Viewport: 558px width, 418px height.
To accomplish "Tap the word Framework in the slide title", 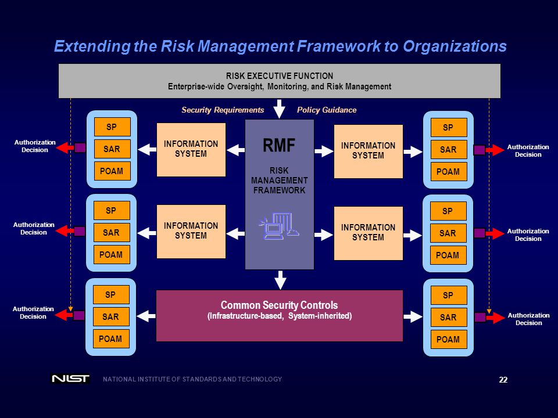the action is coord(339,46).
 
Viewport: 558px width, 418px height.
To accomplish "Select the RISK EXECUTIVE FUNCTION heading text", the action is coord(280,75).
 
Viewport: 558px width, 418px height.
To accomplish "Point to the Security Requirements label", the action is coord(223,110).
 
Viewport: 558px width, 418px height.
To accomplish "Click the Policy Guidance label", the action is coord(327,110).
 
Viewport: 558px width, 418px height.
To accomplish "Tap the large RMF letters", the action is coord(279,145).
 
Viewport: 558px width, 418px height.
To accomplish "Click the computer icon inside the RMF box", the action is coord(279,226).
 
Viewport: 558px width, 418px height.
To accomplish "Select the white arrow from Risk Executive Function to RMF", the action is coord(280,109).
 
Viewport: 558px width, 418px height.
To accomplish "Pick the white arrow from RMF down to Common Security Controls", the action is coord(280,280).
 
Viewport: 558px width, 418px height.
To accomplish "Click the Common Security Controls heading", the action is coord(280,305).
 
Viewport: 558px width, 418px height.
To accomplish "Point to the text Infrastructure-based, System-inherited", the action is coord(280,316).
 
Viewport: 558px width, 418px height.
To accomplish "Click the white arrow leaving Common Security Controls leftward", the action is coord(146,316).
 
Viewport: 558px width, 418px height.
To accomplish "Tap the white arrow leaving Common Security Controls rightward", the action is coord(413,316).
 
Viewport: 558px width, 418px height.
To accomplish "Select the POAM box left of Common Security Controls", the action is coord(110,338).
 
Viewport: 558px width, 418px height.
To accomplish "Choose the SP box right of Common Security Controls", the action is coord(448,296).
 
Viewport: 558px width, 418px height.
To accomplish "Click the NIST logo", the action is coord(70,379).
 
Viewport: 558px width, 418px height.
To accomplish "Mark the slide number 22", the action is coord(503,380).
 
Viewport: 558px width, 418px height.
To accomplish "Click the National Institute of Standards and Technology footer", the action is coord(192,379).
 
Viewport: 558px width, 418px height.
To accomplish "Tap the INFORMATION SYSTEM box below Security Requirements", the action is coord(191,150).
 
